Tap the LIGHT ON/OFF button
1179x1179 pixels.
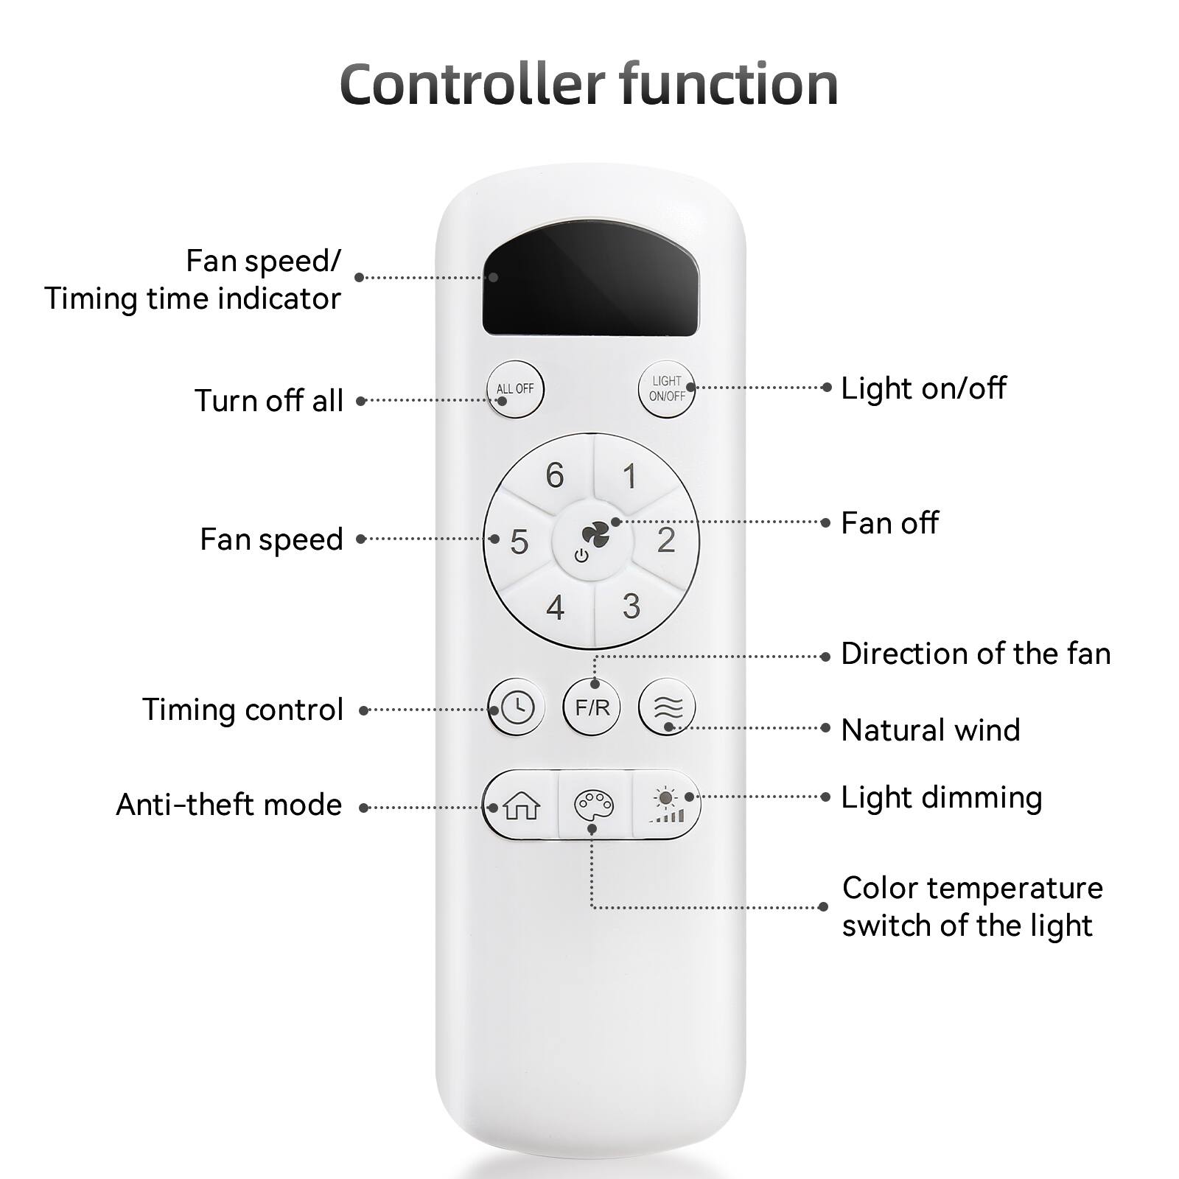pyautogui.click(x=666, y=388)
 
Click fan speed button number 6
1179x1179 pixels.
pyautogui.click(x=555, y=475)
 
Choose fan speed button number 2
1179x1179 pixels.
pyautogui.click(x=666, y=540)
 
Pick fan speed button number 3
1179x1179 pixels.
pyautogui.click(x=631, y=606)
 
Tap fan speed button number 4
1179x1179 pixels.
pyautogui.click(x=555, y=608)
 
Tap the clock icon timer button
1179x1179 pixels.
pyautogui.click(x=516, y=707)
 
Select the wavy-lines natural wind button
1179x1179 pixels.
pyautogui.click(x=667, y=707)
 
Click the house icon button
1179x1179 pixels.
pyautogui.click(x=522, y=806)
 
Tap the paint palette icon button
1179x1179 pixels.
pyautogui.click(x=593, y=806)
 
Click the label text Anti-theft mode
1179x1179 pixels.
pyautogui.click(x=229, y=805)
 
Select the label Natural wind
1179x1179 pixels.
pyautogui.click(x=931, y=730)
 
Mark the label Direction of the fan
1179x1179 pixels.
pyautogui.click(x=976, y=654)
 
